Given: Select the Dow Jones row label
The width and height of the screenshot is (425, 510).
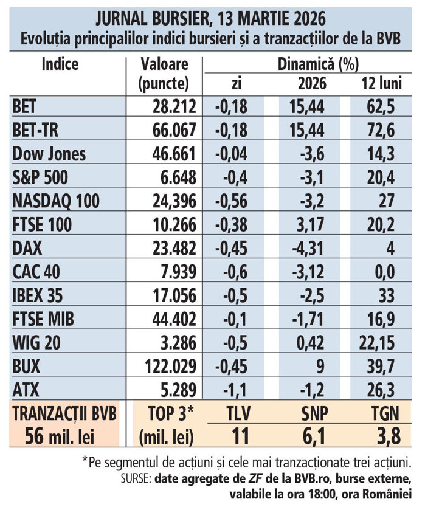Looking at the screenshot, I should [x=49, y=153].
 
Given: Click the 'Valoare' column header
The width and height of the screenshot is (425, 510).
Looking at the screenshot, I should [x=164, y=64].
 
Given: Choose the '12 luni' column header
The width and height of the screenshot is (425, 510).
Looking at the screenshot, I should [x=381, y=83].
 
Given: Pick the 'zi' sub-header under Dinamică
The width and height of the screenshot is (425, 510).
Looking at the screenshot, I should [x=237, y=83].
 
